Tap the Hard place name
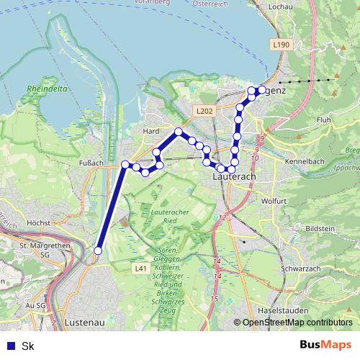(151, 131)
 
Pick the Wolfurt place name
(274, 201)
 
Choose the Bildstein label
(320, 228)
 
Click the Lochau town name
(279, 6)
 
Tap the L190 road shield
(282, 45)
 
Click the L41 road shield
(141, 269)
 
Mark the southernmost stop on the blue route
(98, 251)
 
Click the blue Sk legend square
(11, 346)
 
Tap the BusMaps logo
(325, 345)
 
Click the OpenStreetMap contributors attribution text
(297, 323)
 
